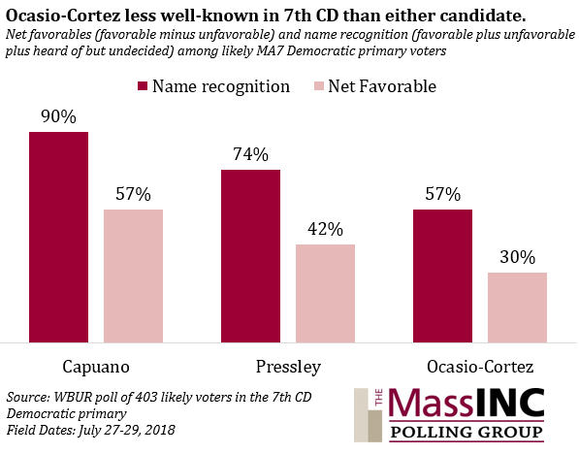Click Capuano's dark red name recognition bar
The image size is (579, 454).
point(59,237)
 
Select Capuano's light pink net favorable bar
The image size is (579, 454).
point(133,276)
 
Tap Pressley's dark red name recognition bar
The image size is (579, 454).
point(251,256)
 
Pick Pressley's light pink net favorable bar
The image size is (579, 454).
point(325,293)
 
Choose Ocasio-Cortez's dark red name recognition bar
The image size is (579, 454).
point(443,276)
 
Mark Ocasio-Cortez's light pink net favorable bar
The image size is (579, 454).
point(517,308)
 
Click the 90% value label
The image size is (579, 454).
point(59,116)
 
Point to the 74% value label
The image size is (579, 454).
point(251,154)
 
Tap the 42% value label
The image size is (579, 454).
point(325,229)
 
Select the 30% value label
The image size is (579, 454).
point(517,257)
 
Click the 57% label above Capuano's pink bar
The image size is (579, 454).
point(133,194)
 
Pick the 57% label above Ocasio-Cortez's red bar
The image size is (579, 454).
point(443,194)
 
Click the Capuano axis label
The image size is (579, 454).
point(96,367)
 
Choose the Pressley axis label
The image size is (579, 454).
point(288,367)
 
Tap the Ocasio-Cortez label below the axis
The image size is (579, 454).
point(480,367)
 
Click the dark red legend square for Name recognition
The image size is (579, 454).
point(143,86)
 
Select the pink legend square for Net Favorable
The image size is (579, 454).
point(319,86)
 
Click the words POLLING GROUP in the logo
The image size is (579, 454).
point(466,432)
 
